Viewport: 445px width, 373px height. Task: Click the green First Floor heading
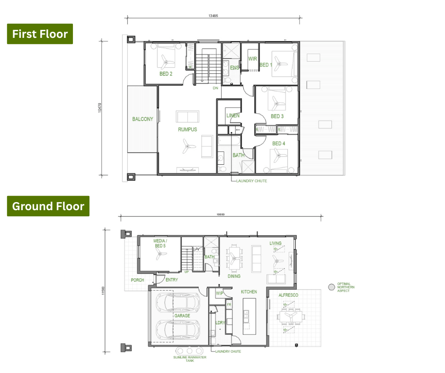(x=40, y=34)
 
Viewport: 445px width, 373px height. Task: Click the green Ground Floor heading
(x=48, y=206)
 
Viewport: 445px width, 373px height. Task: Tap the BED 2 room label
(x=166, y=74)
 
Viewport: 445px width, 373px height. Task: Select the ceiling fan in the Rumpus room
(x=187, y=146)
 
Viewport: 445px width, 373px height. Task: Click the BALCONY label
(x=142, y=119)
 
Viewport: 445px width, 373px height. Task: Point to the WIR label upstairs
(x=252, y=59)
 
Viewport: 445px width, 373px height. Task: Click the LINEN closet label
(x=233, y=115)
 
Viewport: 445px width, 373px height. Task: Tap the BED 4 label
(x=278, y=143)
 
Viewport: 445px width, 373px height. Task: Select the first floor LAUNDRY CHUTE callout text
(x=251, y=181)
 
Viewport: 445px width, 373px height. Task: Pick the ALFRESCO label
(x=288, y=295)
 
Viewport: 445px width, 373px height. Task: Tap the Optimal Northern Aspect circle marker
(x=331, y=287)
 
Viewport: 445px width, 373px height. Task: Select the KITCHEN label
(x=249, y=292)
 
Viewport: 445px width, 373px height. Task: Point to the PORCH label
(x=137, y=280)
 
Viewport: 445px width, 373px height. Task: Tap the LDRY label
(x=220, y=323)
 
